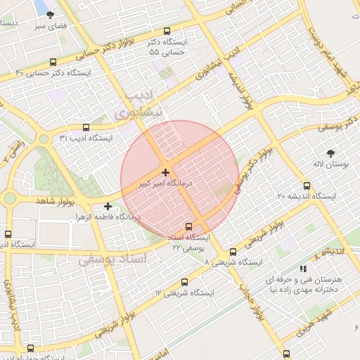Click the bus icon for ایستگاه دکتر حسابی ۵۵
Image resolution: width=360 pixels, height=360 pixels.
[x=167, y=31]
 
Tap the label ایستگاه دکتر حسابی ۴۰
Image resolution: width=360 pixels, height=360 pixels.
[x=53, y=73]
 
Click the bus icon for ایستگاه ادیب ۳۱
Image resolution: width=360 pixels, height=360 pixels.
[x=86, y=128]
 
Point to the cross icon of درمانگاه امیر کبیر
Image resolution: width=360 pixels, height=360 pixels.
[x=165, y=172]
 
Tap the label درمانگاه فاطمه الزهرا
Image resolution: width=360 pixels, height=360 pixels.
[x=109, y=217]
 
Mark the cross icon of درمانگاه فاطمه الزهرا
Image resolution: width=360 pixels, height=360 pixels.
[x=108, y=206]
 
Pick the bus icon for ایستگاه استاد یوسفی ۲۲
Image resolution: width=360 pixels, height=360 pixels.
[x=188, y=226]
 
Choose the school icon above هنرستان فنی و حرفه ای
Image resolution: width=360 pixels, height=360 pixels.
[x=303, y=268]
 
